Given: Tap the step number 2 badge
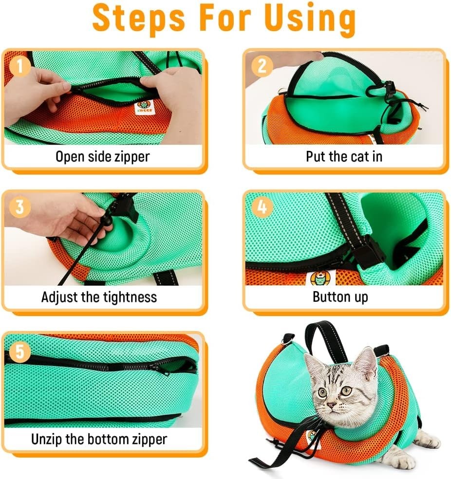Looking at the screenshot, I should pos(262,66).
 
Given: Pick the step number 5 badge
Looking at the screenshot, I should pos(20,351).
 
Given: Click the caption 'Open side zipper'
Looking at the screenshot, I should pos(102,156).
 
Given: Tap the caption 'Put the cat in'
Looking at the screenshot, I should pos(344,156).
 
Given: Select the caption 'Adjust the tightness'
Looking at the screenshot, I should pos(99,297).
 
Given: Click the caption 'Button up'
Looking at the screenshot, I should pos(340,297).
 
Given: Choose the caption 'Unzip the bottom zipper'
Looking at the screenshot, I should pos(99,439).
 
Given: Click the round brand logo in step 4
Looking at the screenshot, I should pos(319,278).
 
